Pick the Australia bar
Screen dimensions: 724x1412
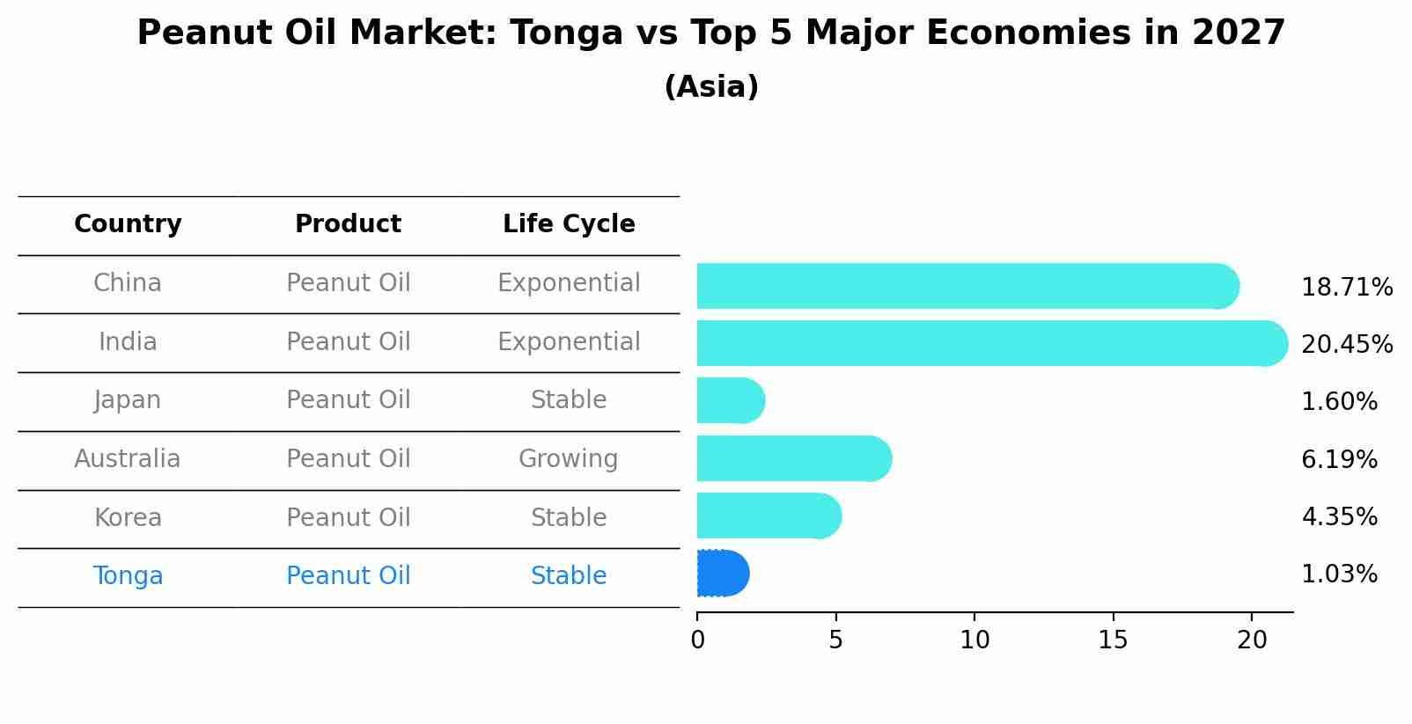coord(792,459)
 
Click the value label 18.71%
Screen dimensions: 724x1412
coord(1346,288)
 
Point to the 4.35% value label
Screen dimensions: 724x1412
coord(1338,516)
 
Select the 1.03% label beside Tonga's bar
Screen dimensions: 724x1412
coord(1338,574)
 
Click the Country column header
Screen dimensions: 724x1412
coord(128,224)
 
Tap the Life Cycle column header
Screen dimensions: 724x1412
coord(569,224)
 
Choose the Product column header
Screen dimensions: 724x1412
coord(348,224)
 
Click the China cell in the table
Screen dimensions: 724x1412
coord(128,283)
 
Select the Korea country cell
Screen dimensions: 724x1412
coord(128,517)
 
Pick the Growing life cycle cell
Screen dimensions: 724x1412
coord(569,459)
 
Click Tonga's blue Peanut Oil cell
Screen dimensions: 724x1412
coord(348,576)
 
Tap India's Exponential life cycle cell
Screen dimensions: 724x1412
coord(569,342)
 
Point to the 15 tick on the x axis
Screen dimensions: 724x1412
coord(1113,640)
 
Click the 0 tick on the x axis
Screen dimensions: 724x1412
coord(697,640)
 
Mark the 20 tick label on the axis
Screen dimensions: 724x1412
coord(1251,640)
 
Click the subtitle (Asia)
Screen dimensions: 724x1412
coord(711,87)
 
